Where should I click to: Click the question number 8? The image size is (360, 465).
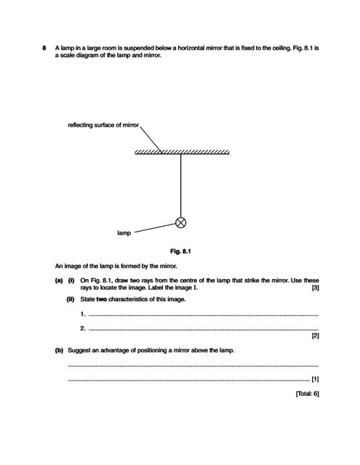[45, 48]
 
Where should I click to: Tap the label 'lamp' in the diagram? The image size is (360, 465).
[124, 233]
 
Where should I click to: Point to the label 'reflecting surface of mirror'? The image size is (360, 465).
[103, 125]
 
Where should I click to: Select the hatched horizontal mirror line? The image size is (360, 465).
[182, 152]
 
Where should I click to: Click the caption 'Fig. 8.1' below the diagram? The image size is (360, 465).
[180, 251]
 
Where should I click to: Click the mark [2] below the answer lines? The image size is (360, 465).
[315, 336]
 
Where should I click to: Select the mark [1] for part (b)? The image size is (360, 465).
[315, 379]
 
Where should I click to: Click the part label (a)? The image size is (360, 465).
[59, 280]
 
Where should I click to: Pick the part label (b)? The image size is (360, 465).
[59, 350]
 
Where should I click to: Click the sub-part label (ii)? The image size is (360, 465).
[71, 299]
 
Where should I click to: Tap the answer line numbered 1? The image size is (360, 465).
[204, 315]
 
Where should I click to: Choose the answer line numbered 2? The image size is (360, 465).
[204, 328]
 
